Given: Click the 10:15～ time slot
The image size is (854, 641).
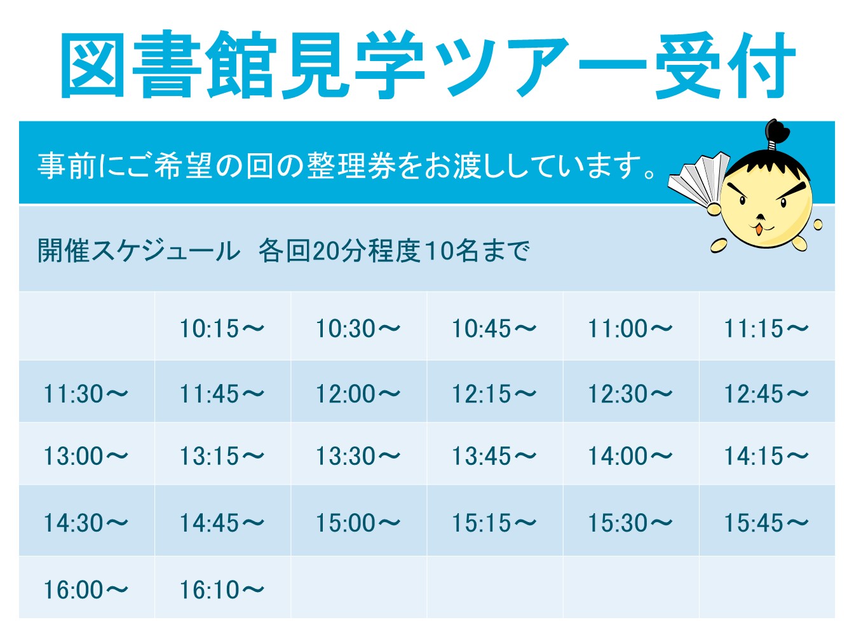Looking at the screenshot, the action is tap(222, 329).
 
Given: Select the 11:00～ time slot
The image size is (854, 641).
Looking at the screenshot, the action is tap(630, 329).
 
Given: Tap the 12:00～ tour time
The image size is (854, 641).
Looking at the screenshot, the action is tap(358, 394).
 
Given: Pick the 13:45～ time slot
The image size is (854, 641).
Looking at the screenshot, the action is tap(494, 456).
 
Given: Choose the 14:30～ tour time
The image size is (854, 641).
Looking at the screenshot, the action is tap(86, 523).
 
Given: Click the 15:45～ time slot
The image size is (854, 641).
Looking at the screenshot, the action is tap(766, 523).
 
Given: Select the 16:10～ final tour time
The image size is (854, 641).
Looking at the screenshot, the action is tap(222, 590).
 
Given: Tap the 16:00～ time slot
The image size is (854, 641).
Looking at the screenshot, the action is tap(86, 590).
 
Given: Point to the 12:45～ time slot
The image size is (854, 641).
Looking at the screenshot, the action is tap(766, 394).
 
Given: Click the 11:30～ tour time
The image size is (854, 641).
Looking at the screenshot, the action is tap(86, 394).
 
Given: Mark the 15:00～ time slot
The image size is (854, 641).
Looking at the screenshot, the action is tap(358, 523).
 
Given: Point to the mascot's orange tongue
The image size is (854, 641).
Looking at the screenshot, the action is tap(759, 230).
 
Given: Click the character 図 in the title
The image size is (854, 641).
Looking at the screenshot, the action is tap(93, 65).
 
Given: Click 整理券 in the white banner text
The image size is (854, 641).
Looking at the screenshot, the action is tap(351, 166).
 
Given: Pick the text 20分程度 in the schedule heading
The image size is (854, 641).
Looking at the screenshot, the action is tap(366, 251).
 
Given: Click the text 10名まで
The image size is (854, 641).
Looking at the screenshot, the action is tap(477, 251).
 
